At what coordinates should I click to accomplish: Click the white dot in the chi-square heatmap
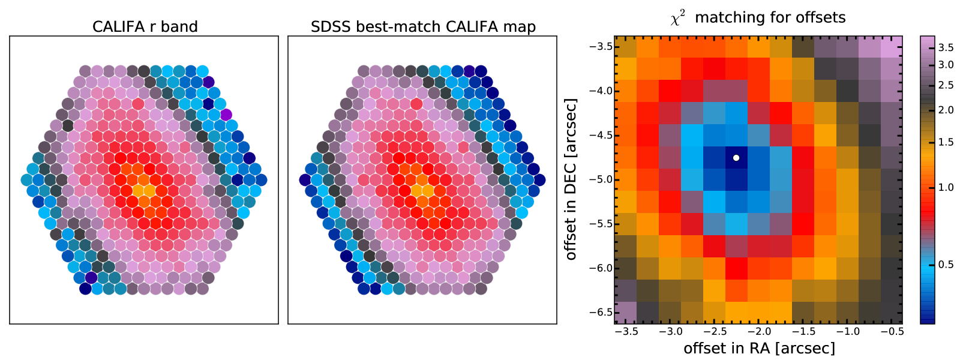pos(736,158)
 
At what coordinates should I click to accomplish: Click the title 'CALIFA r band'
pos(145,27)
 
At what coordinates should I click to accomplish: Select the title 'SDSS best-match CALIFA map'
pos(423,27)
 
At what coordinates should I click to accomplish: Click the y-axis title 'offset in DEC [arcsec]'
pos(571,179)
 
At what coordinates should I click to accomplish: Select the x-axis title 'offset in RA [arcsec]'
pos(759,348)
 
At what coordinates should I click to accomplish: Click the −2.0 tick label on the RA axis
pos(759,331)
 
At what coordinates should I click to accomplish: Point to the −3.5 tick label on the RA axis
pos(626,331)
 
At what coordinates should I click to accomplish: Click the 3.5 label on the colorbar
pos(946,47)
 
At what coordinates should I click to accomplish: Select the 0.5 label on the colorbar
pos(946,265)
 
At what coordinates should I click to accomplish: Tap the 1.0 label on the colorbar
pos(946,188)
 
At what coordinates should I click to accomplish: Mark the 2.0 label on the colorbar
pos(946,110)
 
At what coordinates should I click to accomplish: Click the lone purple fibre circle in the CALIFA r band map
pos(226,114)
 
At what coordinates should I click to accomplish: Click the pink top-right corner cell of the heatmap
pos(892,47)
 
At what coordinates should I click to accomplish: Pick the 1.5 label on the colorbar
pos(946,142)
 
